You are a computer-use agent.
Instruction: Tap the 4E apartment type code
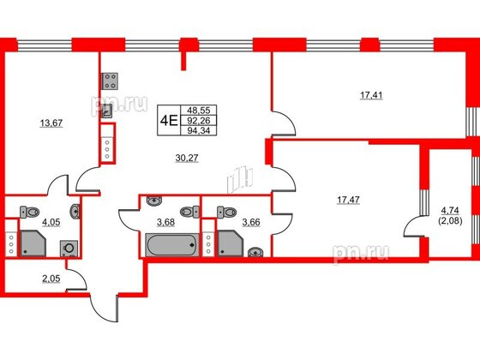[168, 121]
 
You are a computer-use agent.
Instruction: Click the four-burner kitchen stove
[110, 82]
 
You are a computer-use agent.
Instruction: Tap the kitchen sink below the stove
[106, 108]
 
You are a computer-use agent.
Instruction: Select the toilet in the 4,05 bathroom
[33, 213]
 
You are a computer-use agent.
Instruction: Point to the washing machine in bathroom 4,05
[68, 249]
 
